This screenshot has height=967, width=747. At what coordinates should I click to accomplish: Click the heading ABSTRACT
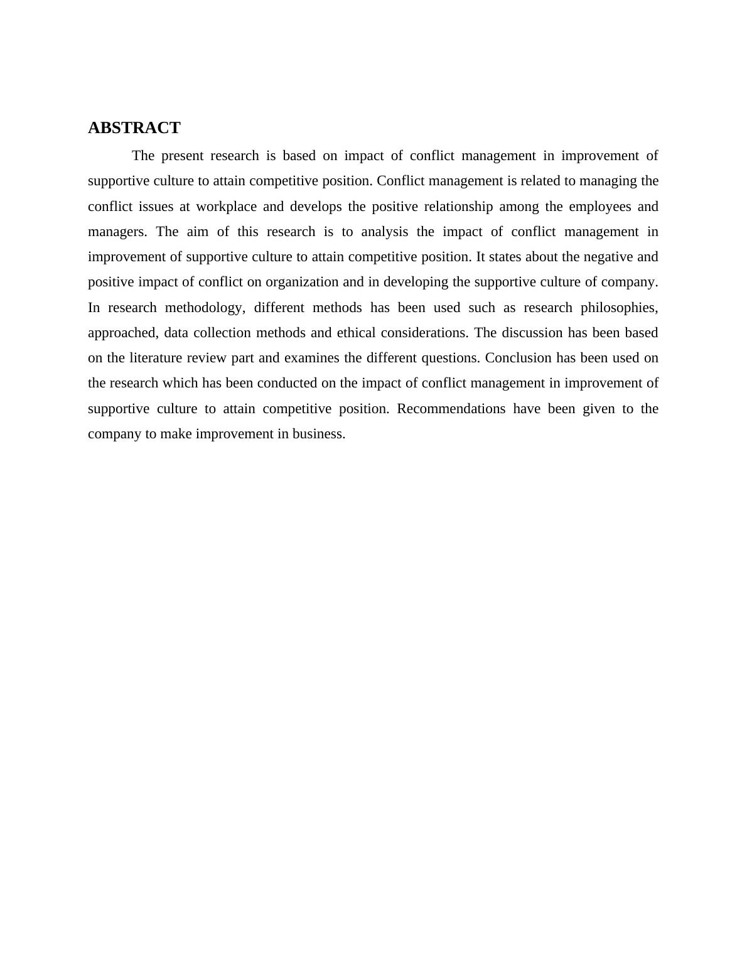(x=134, y=128)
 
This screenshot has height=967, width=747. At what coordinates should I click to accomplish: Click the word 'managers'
(x=117, y=232)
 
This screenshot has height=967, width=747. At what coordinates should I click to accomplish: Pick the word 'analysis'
(x=384, y=232)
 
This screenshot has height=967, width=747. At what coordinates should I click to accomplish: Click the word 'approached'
(x=122, y=333)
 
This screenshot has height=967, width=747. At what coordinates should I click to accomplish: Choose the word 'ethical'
(x=357, y=333)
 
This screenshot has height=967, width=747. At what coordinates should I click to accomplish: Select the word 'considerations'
(x=424, y=333)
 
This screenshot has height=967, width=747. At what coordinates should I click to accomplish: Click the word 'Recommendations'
(x=451, y=409)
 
